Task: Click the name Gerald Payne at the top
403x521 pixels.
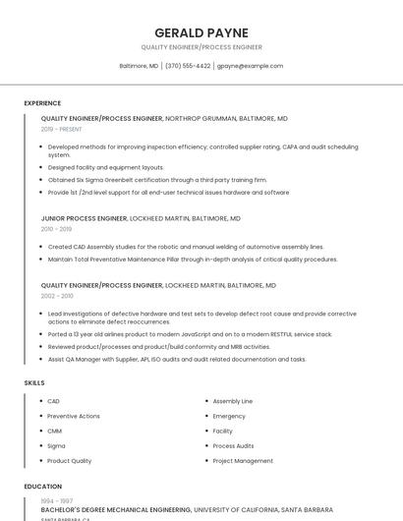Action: point(201,32)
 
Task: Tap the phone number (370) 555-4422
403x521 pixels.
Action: point(188,66)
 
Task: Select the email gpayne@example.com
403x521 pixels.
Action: point(250,66)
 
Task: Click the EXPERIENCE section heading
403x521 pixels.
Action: point(42,103)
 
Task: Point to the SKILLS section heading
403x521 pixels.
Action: point(33,382)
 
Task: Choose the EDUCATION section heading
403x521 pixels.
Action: point(42,487)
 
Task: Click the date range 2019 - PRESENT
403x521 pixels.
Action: point(62,129)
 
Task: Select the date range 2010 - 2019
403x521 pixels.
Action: point(56,229)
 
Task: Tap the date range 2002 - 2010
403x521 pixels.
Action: point(57,296)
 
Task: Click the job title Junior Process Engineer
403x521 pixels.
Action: point(84,218)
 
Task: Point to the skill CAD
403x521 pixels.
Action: point(53,401)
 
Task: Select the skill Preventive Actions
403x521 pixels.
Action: point(74,416)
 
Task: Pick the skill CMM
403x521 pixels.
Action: point(54,431)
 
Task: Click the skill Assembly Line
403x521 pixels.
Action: point(233,401)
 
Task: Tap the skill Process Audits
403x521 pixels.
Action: point(233,445)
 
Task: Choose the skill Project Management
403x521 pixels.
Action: point(243,460)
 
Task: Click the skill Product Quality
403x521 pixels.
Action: point(69,460)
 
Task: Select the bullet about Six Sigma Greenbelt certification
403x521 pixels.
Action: point(157,180)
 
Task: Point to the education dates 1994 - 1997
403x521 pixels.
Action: point(56,501)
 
